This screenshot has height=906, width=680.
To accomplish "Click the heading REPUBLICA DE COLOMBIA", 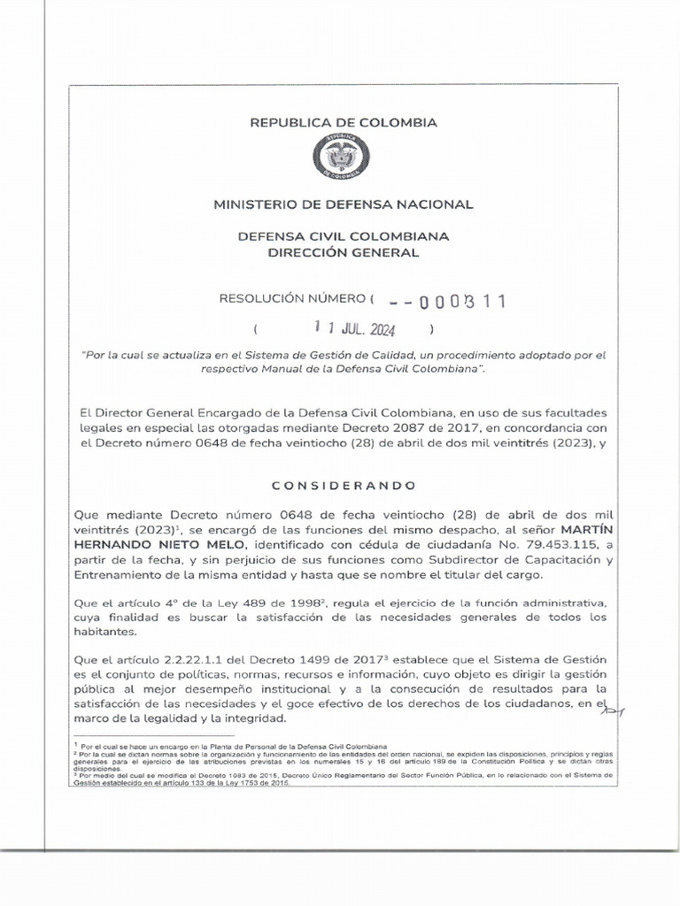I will pyautogui.click(x=344, y=123).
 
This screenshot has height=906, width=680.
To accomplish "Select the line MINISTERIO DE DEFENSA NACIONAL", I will pyautogui.click(x=344, y=204).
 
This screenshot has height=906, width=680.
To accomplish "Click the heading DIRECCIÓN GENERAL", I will pyautogui.click(x=344, y=253).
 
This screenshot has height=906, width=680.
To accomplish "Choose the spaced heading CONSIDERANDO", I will pyautogui.click(x=343, y=486).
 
